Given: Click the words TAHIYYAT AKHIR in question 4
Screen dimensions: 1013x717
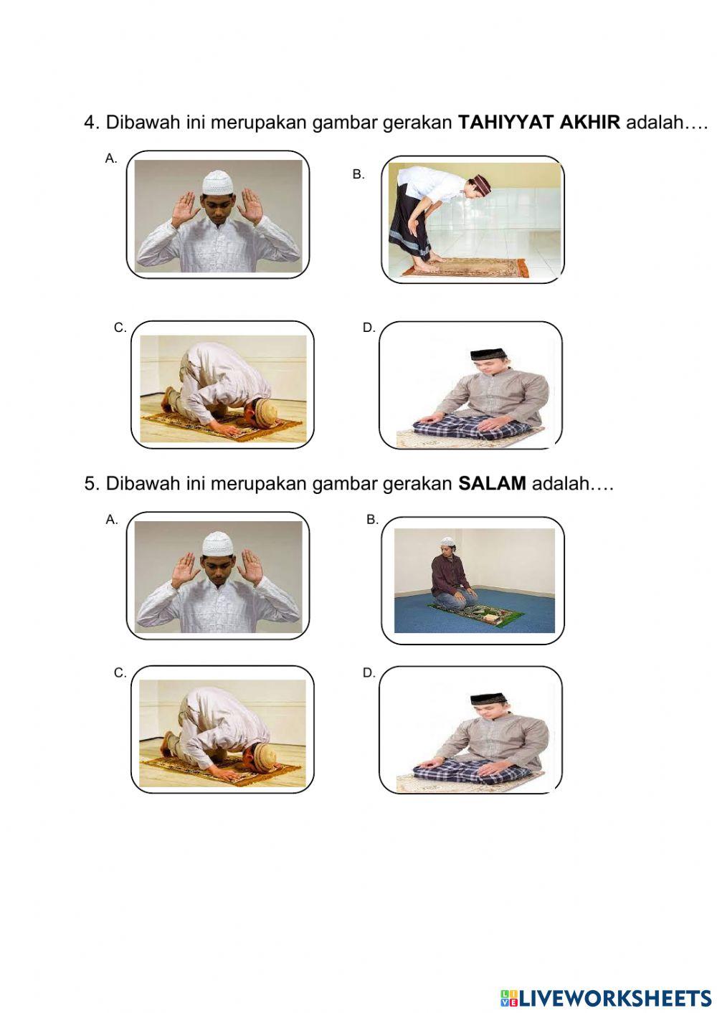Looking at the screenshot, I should (x=538, y=122).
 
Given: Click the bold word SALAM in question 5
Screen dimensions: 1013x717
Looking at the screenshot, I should (x=492, y=483).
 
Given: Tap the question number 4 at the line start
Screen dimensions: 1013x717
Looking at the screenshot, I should (x=90, y=123).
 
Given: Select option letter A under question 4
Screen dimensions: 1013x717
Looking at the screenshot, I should (x=110, y=158).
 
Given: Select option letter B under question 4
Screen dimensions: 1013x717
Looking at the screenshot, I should (x=358, y=174).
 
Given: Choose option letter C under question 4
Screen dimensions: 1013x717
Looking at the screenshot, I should (x=120, y=328).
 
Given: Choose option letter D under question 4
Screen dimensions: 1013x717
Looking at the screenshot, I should (x=369, y=328).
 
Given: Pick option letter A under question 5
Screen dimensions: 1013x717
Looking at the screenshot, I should (x=111, y=520).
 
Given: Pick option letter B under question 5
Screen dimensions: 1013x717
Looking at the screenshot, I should (x=372, y=520).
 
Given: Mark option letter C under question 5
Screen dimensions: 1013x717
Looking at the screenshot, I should (x=120, y=672).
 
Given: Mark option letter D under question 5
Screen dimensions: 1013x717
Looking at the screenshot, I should (x=369, y=672).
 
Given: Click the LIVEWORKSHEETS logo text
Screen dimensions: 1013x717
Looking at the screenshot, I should (x=606, y=997).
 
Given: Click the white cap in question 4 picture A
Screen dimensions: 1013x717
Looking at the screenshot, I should (x=218, y=181).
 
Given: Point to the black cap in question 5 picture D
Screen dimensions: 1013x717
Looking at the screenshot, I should (x=489, y=698).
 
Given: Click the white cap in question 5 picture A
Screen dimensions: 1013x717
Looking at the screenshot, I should (x=218, y=542).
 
